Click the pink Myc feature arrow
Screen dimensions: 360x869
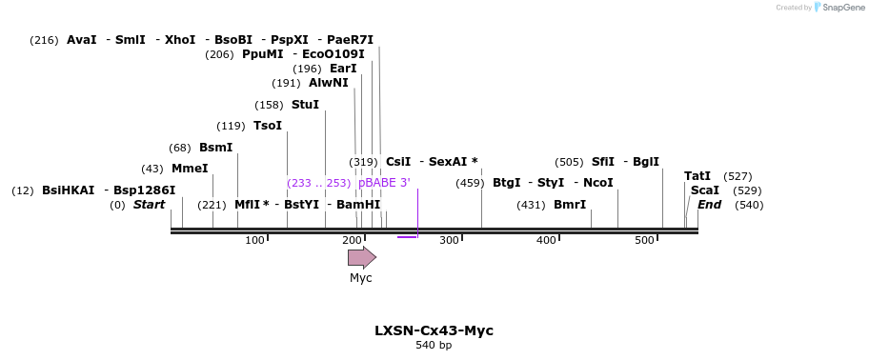pos(361,257)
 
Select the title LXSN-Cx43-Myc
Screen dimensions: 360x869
pos(434,330)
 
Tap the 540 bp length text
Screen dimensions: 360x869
pos(434,345)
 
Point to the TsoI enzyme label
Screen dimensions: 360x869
pos(267,126)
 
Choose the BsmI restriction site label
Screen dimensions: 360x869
pos(215,148)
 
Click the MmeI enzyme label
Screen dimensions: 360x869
pos(190,169)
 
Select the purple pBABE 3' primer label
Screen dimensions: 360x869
pos(384,183)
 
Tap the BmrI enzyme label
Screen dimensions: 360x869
pos(570,205)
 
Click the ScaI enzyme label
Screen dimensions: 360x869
pos(705,190)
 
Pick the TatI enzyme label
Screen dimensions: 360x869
pos(697,176)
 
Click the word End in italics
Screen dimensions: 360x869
pos(709,205)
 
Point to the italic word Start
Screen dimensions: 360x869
pos(149,205)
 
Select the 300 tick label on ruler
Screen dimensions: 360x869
pos(449,240)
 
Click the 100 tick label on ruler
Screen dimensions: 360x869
pos(254,240)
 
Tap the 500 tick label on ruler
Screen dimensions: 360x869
pos(644,240)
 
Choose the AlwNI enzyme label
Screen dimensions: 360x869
pos(329,83)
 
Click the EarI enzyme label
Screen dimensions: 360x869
pos(343,69)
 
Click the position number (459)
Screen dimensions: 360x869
pos(470,183)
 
